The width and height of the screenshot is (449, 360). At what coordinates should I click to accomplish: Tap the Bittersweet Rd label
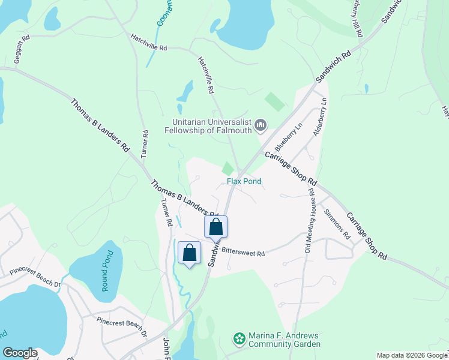pyautogui.click(x=243, y=253)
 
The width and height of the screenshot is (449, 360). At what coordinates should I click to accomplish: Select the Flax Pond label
pyautogui.click(x=244, y=181)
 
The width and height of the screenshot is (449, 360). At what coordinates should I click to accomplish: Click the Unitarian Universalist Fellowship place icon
pyautogui.click(x=261, y=125)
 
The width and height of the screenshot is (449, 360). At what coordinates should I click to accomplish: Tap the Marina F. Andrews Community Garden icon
pyautogui.click(x=240, y=340)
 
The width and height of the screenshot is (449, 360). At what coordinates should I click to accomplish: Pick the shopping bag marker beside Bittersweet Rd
pyautogui.click(x=216, y=227)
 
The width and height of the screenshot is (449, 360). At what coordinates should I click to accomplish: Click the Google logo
pyautogui.click(x=20, y=353)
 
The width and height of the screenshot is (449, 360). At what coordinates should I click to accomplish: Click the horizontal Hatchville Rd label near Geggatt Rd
pyautogui.click(x=149, y=43)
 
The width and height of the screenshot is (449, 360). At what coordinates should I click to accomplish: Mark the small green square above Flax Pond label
pyautogui.click(x=228, y=169)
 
